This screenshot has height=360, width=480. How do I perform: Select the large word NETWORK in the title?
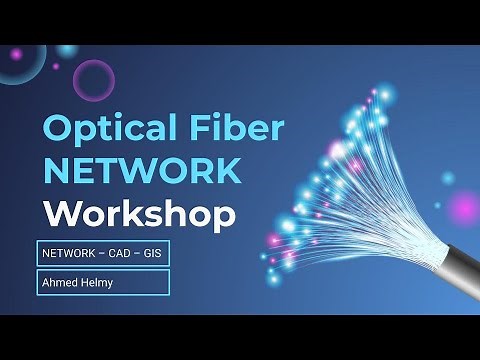(141, 170)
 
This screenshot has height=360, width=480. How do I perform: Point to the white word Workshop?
(139, 213)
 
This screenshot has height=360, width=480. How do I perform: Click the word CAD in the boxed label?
(119, 254)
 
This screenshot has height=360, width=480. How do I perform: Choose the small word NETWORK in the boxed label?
(69, 254)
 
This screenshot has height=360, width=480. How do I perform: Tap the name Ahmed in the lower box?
(59, 282)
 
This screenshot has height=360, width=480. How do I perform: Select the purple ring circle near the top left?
(94, 79)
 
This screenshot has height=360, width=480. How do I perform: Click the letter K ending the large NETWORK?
(227, 170)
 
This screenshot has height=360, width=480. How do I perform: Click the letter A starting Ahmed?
(45, 282)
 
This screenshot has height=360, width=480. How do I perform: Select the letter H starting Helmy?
(81, 282)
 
